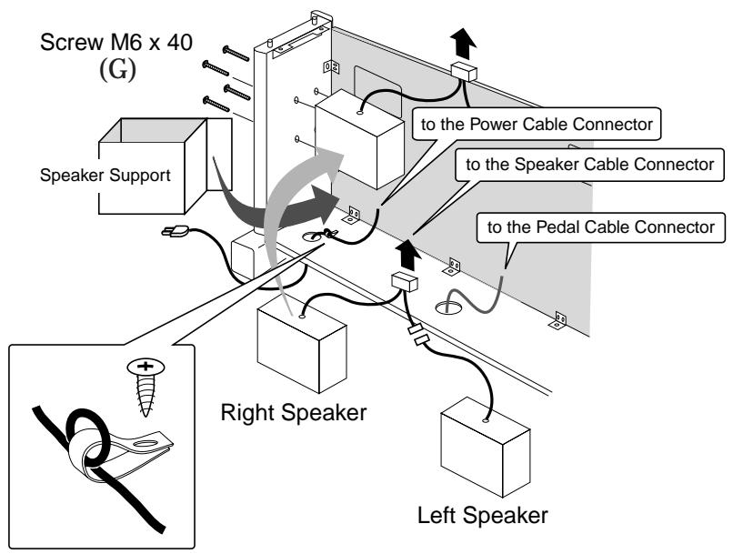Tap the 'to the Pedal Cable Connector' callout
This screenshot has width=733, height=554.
(602, 226)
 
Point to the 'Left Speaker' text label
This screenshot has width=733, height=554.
(483, 515)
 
